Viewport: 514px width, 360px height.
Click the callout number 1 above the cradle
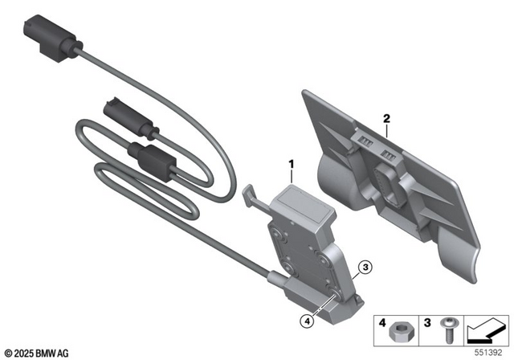point(292,166)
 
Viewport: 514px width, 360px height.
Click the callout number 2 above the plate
point(387,119)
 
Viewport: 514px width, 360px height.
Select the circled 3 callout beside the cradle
point(365,267)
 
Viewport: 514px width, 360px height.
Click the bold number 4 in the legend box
point(382,323)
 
